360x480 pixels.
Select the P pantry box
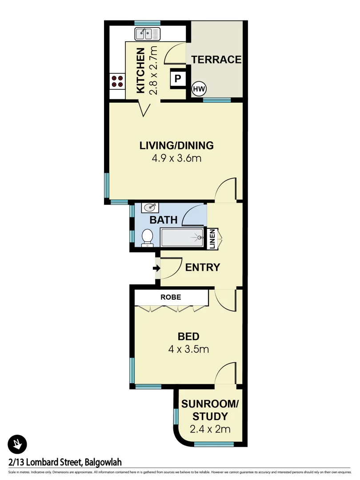click(178, 79)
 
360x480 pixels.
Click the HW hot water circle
click(199, 89)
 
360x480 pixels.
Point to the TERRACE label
click(216, 60)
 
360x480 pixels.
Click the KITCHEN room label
click(140, 71)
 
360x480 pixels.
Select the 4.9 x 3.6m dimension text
click(176, 158)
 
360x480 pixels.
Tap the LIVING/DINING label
click(176, 145)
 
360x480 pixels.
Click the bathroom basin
click(150, 208)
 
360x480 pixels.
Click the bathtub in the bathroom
click(182, 237)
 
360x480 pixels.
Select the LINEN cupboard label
click(212, 239)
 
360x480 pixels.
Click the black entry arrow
click(156, 268)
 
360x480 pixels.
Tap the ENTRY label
click(203, 268)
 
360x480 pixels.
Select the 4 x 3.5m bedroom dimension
click(188, 349)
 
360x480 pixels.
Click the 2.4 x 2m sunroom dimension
click(210, 429)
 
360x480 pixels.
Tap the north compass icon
click(17, 444)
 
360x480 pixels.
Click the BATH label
click(164, 220)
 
